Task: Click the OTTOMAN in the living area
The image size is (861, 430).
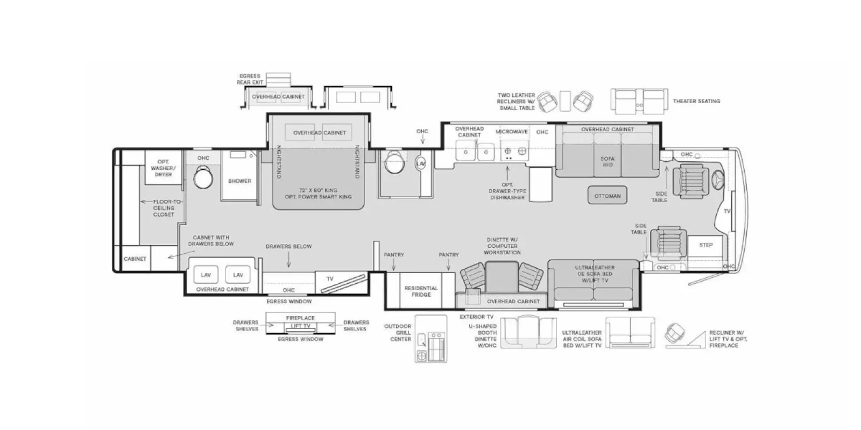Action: click(x=608, y=196)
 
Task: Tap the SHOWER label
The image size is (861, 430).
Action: click(x=239, y=181)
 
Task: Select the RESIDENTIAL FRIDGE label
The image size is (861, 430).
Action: click(x=421, y=291)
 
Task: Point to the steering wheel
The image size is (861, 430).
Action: click(x=718, y=179)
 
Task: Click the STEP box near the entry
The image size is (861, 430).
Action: click(x=705, y=245)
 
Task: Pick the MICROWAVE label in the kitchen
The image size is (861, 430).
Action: click(x=512, y=132)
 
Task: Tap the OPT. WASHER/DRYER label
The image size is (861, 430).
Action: click(x=163, y=168)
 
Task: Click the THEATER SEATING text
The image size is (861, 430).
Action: click(x=696, y=102)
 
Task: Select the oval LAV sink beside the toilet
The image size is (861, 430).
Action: click(x=420, y=163)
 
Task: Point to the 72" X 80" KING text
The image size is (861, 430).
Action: click(x=318, y=190)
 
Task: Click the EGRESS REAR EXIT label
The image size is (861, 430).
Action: click(x=250, y=79)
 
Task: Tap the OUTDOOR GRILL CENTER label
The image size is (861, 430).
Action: click(x=398, y=333)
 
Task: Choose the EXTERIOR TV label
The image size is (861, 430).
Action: click(x=476, y=317)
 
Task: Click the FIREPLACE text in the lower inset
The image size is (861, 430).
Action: click(x=300, y=318)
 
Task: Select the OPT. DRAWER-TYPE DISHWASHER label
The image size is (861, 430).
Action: click(x=507, y=191)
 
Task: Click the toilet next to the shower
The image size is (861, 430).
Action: click(x=203, y=177)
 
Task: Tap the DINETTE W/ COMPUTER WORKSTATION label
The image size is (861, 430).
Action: click(x=503, y=246)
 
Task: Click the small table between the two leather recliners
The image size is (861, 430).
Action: click(x=564, y=101)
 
